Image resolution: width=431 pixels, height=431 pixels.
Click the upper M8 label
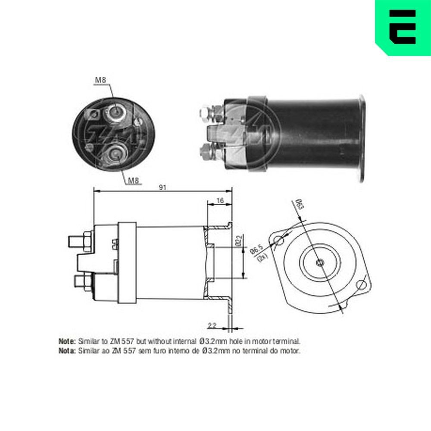tap(100, 80)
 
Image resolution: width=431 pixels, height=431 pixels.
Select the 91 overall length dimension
tap(163, 187)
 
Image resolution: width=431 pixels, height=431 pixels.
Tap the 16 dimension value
tap(220, 200)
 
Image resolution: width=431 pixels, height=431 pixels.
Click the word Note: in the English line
tap(67, 341)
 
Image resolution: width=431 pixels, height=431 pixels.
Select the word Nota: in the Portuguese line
tap(67, 351)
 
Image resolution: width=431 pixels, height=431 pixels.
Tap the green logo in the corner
tap(403, 27)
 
